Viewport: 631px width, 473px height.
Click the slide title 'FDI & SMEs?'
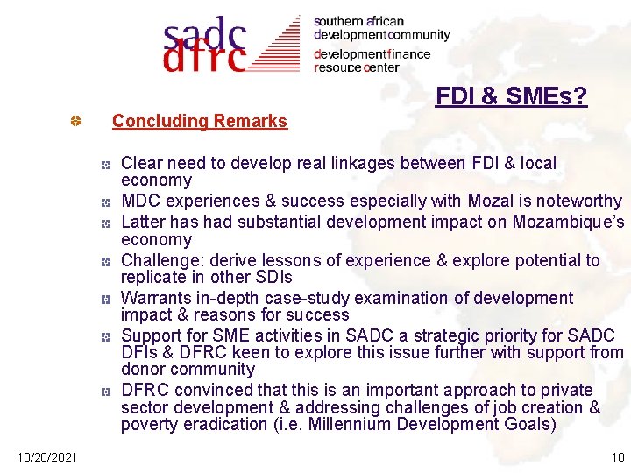511,96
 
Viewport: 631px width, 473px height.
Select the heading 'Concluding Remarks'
199,122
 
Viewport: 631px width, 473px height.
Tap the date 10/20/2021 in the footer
46,456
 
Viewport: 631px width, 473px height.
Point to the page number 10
617,456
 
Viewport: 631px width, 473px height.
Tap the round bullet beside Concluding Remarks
76,121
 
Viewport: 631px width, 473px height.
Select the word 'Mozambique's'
572,222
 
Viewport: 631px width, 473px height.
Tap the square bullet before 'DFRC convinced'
103,391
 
